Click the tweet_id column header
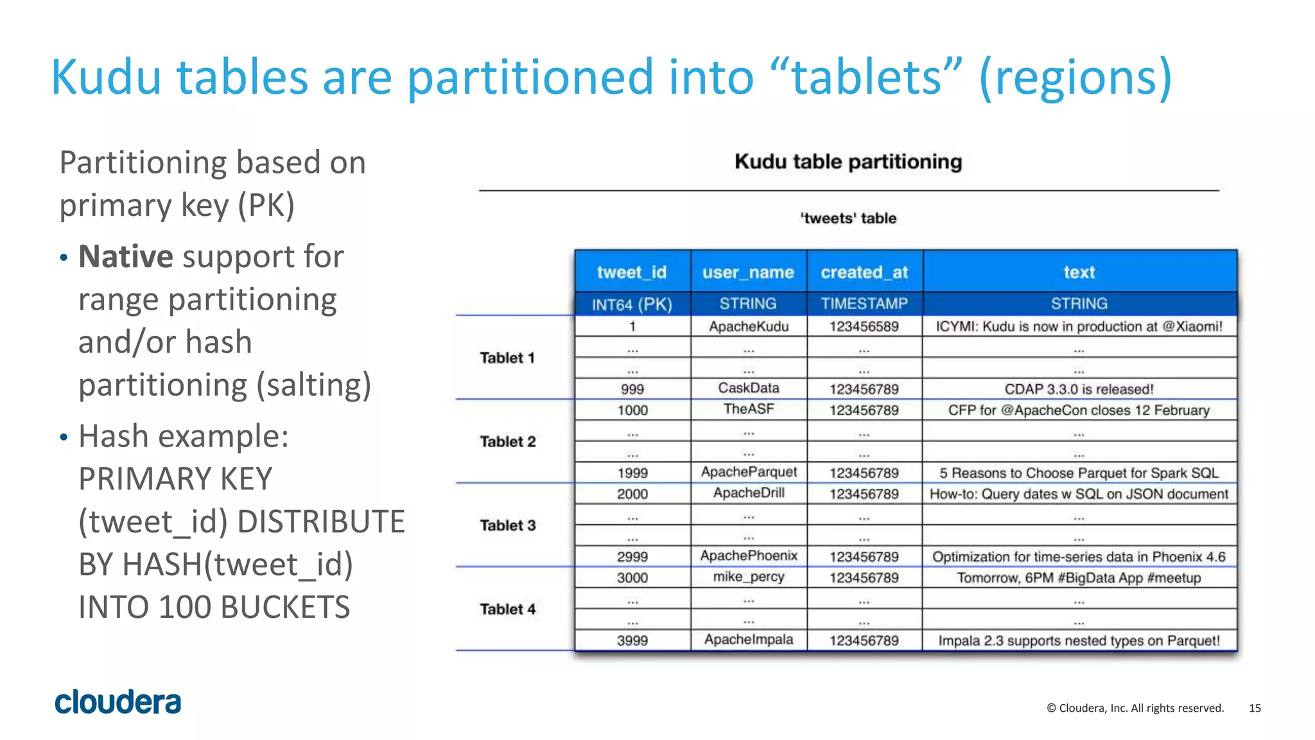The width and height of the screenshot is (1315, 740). pos(632,272)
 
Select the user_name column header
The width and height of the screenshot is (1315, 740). pos(748,272)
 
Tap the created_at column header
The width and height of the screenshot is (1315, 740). pos(864,272)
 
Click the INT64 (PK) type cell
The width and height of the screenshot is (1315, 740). pos(632,304)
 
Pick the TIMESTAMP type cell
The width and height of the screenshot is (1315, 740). pos(864,304)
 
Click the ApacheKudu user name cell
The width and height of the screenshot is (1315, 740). pos(749,326)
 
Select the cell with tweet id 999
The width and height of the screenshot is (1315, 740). pos(632,389)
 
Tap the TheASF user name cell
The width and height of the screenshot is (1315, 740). pos(749,409)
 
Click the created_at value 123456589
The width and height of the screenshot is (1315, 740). pos(864,326)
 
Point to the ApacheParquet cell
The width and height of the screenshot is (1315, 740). pos(749,472)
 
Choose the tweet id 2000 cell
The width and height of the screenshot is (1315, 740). pos(632,494)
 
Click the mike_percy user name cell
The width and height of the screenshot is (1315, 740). pos(749,577)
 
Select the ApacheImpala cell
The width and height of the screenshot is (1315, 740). pos(749,640)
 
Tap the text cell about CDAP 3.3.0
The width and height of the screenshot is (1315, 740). pos(1079,389)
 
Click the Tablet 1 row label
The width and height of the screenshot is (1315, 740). pos(507,358)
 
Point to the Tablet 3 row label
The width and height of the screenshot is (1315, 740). pos(507,525)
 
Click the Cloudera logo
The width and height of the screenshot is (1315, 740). pos(118,702)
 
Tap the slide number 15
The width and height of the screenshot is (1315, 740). pos(1255,708)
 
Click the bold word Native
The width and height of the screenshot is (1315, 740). pos(126,257)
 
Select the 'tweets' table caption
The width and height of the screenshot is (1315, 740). pos(848,218)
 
